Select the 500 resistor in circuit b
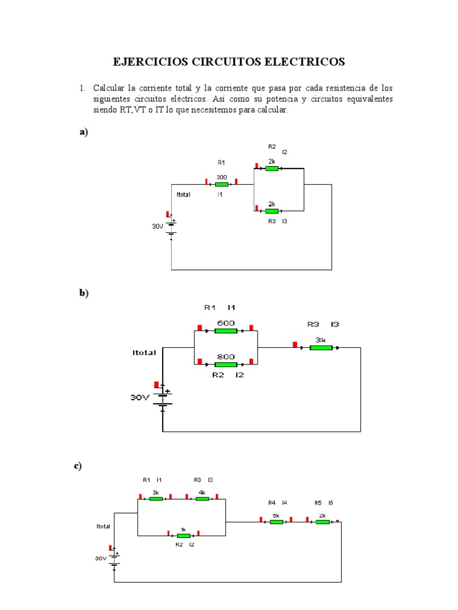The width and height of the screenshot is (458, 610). click(226, 331)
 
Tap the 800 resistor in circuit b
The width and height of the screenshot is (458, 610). click(226, 364)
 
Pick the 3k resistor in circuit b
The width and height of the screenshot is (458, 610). click(321, 347)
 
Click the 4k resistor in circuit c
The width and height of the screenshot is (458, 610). click(202, 499)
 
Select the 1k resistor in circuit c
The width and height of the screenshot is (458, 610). click(183, 536)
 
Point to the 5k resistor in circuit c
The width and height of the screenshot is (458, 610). click(276, 522)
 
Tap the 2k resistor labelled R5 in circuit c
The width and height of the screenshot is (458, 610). click(322, 522)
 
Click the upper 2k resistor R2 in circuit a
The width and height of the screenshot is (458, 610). click(271, 169)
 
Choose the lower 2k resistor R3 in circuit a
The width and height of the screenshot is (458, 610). click(271, 211)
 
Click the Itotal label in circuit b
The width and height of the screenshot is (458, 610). click(144, 353)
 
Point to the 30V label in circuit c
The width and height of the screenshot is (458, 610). click(100, 558)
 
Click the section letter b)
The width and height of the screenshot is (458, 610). click(83, 292)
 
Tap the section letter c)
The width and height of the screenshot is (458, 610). click(78, 466)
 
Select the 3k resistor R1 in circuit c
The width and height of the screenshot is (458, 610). click(156, 499)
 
